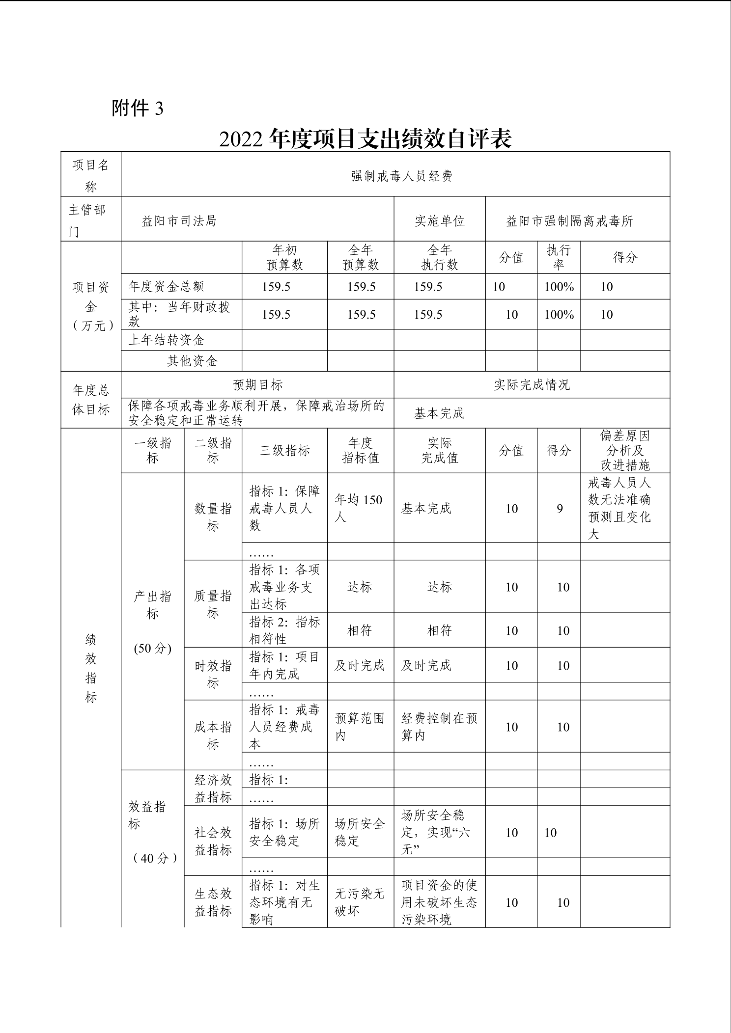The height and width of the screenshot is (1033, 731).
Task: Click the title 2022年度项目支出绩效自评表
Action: [x=365, y=139]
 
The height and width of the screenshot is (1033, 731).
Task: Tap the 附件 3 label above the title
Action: [x=138, y=109]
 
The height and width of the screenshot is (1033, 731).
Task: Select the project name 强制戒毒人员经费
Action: [x=401, y=176]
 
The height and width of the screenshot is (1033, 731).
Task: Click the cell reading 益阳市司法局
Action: [x=179, y=221]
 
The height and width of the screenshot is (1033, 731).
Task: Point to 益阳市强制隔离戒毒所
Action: [x=569, y=221]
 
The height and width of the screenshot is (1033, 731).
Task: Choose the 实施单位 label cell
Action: [x=440, y=221]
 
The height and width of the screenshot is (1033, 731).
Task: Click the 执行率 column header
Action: [x=559, y=257]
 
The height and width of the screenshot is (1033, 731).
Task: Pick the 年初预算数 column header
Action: [x=284, y=257]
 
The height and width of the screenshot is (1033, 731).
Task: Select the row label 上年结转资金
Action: [x=167, y=340]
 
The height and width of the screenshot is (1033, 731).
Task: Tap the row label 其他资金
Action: [x=192, y=361]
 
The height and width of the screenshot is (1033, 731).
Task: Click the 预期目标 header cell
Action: [x=258, y=385]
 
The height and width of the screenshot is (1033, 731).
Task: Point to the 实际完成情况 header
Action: [x=532, y=385]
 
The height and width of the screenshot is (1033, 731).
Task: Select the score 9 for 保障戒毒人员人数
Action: [x=560, y=509]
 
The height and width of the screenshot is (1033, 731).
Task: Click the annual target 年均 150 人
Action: [x=359, y=508]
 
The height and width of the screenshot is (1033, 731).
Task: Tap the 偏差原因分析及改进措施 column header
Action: [x=625, y=450]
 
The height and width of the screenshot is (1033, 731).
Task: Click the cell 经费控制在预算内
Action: [x=439, y=727]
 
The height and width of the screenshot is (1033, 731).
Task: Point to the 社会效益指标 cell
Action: [x=213, y=841]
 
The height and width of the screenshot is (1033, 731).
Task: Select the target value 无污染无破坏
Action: [x=360, y=902]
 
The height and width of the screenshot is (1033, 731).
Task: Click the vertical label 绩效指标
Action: [x=91, y=668]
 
